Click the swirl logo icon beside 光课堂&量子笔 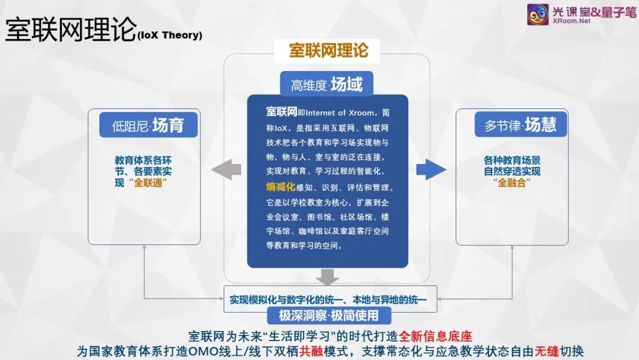pos(537,14)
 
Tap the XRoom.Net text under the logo pos(572,21)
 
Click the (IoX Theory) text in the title pos(170,35)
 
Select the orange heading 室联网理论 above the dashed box pos(328,50)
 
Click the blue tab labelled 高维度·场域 pos(327,84)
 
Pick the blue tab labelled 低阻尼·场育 pos(149,125)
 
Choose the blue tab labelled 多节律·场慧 pos(521,124)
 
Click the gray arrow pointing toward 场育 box pos(226,169)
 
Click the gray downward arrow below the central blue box pos(327,277)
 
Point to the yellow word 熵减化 pos(280,187)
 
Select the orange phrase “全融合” pos(512,182)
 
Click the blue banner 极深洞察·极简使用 pos(329,315)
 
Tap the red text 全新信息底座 pos(435,336)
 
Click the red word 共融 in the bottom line pos(311,351)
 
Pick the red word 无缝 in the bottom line pos(547,351)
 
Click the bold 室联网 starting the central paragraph pos(281,112)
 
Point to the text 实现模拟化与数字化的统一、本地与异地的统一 pos(328,300)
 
